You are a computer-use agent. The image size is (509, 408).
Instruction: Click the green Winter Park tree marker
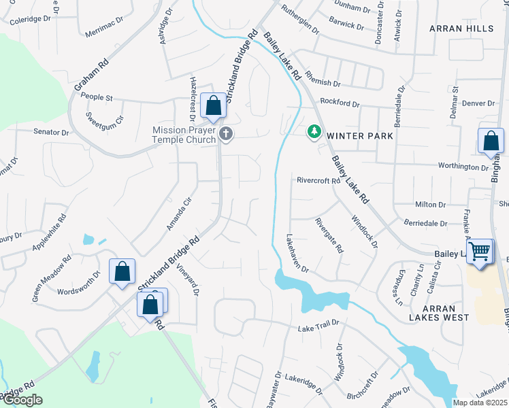coord(314,131)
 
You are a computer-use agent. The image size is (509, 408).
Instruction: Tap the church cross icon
coord(226,135)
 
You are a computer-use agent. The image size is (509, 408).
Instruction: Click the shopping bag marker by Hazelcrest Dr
coord(213,107)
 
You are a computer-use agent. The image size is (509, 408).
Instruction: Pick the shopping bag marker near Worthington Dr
coord(491,141)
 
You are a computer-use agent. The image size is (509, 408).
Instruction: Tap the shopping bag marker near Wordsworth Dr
coord(122,273)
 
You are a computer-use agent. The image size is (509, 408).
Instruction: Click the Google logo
coord(22,400)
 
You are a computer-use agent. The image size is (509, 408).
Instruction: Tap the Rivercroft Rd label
coord(318,181)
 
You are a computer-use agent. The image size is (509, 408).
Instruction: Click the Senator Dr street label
coord(51,132)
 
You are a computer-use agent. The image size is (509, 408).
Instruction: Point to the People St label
coord(96,98)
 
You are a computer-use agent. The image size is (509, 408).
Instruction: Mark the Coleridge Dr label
coord(31,20)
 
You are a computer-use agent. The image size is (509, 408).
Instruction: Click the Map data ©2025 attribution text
coord(480,403)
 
